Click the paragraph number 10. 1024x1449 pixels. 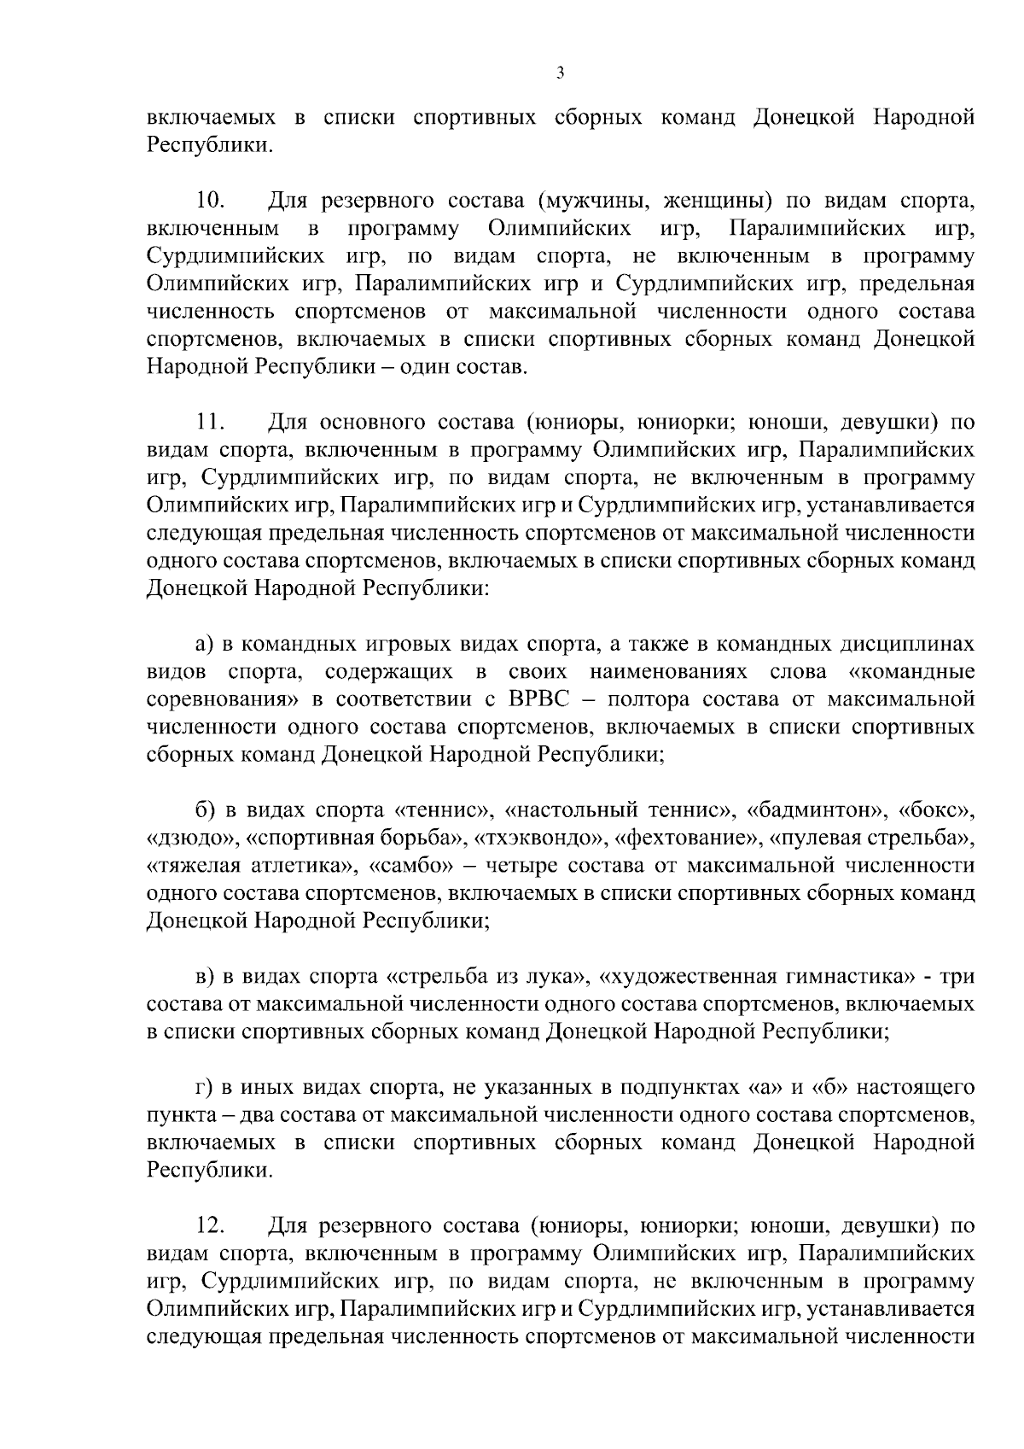click(x=210, y=202)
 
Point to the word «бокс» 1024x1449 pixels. click(x=938, y=809)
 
